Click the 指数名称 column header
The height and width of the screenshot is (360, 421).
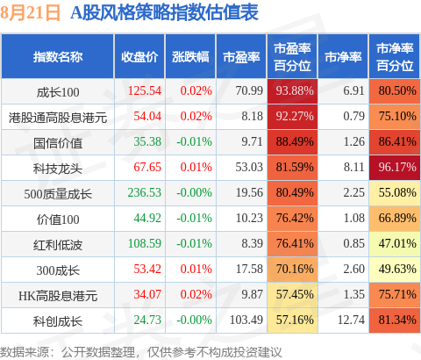click(58, 57)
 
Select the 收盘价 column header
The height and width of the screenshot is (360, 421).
click(139, 57)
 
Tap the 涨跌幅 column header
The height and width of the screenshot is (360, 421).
click(190, 57)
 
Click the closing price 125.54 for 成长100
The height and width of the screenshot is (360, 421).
click(145, 90)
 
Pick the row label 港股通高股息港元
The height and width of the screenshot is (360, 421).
click(58, 118)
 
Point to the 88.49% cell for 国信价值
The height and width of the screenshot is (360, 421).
click(292, 142)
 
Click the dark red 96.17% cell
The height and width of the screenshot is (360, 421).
click(395, 168)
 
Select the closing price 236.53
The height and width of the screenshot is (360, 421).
click(145, 192)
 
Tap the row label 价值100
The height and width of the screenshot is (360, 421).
click(58, 220)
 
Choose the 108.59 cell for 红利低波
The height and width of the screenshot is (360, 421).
click(145, 243)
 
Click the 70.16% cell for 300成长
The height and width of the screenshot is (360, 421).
click(292, 270)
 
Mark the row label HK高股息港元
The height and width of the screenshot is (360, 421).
click(58, 296)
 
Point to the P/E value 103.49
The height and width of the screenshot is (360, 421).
click(246, 320)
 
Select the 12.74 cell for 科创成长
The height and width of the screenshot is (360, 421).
click(351, 320)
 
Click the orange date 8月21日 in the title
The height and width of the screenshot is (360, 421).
click(30, 12)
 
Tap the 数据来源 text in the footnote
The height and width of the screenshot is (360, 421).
click(25, 352)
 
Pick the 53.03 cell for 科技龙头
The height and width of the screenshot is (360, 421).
click(249, 167)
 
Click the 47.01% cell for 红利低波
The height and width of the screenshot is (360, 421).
click(395, 244)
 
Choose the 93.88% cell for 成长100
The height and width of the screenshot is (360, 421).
click(292, 91)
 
